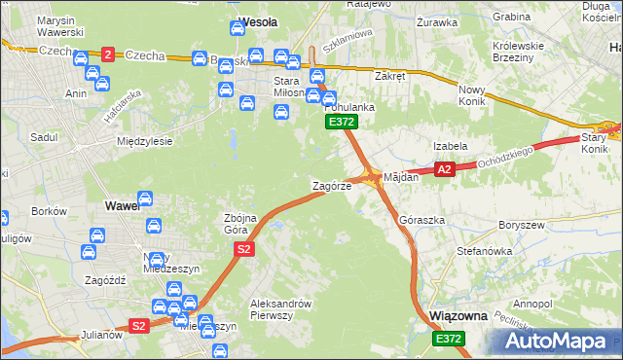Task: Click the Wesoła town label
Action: (x=258, y=20)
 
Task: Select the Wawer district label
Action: (x=123, y=206)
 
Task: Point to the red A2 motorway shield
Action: (x=444, y=170)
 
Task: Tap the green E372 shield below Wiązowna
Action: (x=449, y=339)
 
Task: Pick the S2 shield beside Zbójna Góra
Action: (x=244, y=250)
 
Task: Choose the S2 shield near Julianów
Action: (x=139, y=326)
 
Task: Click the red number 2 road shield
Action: (x=107, y=54)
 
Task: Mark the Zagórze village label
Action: (x=331, y=185)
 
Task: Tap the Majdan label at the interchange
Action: (x=401, y=178)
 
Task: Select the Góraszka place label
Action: (x=421, y=221)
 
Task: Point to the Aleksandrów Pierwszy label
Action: (x=280, y=308)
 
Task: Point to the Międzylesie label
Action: (x=144, y=141)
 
